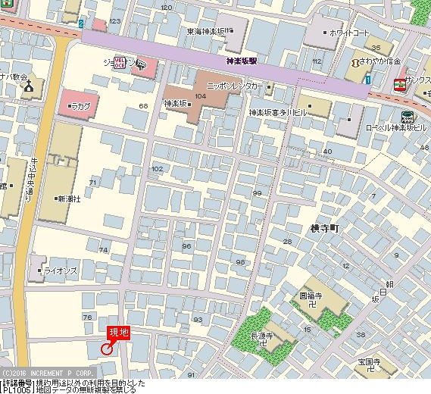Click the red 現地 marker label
click(x=119, y=331)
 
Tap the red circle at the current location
click(x=106, y=349)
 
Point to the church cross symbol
click(x=29, y=89)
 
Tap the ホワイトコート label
click(x=349, y=33)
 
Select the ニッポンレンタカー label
click(x=235, y=87)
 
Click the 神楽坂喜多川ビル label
click(x=277, y=111)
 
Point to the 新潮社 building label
click(x=68, y=199)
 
